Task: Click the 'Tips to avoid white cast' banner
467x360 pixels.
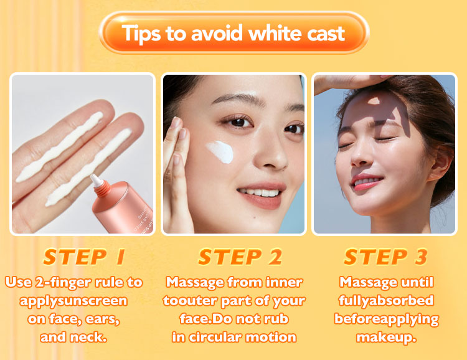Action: [x=233, y=32]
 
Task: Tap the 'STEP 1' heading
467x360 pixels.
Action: [x=84, y=257]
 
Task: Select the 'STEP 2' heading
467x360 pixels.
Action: [x=240, y=257]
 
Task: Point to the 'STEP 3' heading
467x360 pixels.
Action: [x=386, y=257]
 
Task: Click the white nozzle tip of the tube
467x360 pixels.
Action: [x=95, y=180]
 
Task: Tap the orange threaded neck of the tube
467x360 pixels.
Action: [x=103, y=189]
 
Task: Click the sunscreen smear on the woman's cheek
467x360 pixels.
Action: [x=220, y=152]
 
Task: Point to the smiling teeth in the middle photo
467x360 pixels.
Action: [x=258, y=192]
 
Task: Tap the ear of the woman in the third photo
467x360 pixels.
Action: [x=440, y=163]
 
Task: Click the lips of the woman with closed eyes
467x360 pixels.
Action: [x=366, y=182]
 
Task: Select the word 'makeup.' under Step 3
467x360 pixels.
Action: [x=386, y=338]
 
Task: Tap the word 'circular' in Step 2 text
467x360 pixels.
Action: [x=214, y=338]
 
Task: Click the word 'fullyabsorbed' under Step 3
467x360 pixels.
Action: [x=386, y=300]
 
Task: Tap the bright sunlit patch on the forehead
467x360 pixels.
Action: [x=374, y=101]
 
